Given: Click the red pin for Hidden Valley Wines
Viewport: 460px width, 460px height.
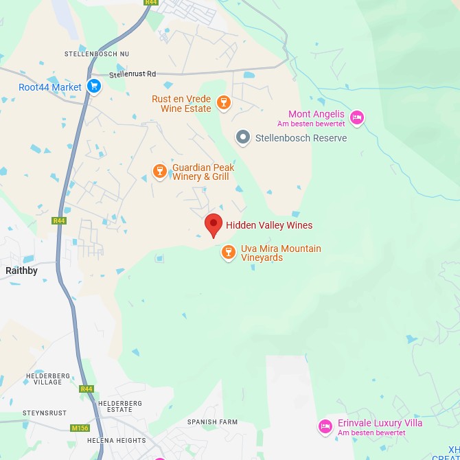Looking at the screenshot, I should (x=214, y=225).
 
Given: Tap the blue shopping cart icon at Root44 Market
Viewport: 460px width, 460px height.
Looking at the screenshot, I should (x=95, y=87).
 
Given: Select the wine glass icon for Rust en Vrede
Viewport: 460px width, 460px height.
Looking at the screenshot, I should (x=223, y=104).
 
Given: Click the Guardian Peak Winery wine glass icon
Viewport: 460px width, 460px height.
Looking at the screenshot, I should (x=160, y=172).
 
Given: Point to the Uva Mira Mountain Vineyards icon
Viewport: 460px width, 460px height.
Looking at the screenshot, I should (x=229, y=253).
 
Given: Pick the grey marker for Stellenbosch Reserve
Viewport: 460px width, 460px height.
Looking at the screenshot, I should (x=243, y=138).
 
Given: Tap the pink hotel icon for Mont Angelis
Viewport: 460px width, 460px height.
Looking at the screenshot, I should (x=356, y=118).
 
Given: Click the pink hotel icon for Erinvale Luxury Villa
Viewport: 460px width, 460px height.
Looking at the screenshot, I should (x=325, y=427).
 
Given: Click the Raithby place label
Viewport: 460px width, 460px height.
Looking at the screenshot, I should (x=21, y=271).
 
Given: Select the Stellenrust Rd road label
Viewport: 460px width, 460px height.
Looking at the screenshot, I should (x=133, y=74).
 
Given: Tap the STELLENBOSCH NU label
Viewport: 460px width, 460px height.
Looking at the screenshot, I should (x=97, y=54).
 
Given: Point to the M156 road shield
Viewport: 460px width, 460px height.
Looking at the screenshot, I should (x=80, y=428).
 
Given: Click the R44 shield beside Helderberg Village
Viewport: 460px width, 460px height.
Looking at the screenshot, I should (x=86, y=389).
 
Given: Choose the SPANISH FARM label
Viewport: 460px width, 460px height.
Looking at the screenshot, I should (x=212, y=422).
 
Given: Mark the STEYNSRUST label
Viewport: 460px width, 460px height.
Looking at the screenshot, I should (x=45, y=413).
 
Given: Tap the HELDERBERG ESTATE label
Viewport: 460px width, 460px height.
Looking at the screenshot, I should (x=120, y=406).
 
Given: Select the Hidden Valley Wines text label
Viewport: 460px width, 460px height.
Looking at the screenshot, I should (x=269, y=225).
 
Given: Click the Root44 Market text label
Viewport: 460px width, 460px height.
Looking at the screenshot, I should (x=50, y=87).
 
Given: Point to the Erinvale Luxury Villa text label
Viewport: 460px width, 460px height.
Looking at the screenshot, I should (x=380, y=423).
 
